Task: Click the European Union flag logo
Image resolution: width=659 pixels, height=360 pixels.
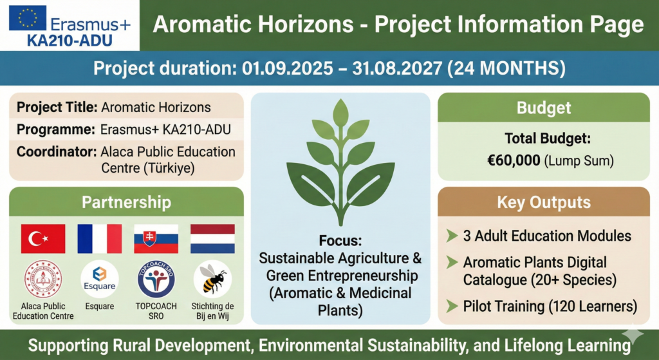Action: tap(28, 17)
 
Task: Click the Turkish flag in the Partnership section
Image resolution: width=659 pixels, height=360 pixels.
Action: tap(43, 239)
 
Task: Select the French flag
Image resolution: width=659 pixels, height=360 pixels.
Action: tap(100, 239)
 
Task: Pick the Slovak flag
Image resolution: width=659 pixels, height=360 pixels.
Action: tap(156, 239)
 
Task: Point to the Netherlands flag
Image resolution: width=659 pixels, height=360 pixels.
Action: tap(212, 239)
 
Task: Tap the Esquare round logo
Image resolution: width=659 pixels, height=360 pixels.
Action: tap(100, 279)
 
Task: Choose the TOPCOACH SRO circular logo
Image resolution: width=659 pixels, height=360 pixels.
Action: tap(156, 279)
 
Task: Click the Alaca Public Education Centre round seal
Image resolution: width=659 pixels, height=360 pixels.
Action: tap(43, 279)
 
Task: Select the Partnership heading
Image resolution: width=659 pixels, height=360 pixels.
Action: tap(126, 202)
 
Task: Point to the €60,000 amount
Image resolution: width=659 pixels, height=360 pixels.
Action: tap(514, 160)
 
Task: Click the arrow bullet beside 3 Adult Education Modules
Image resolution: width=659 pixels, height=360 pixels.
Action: tap(452, 236)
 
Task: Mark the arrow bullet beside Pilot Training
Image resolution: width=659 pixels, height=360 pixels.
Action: tap(452, 305)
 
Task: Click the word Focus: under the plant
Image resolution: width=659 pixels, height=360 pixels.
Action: tap(340, 242)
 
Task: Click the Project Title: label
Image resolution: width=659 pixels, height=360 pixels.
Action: tap(57, 107)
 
